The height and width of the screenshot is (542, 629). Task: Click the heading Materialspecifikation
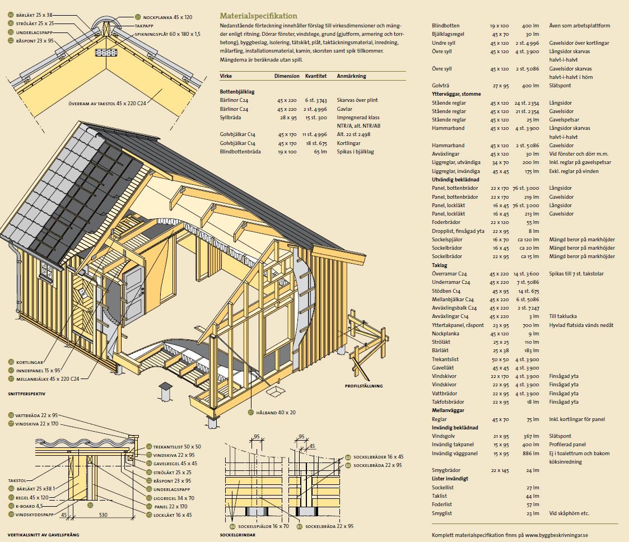(x=258, y=16)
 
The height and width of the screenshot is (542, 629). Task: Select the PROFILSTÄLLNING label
(x=364, y=386)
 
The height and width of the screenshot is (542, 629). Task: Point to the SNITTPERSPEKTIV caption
(x=27, y=394)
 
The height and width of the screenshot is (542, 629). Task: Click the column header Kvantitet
(x=315, y=76)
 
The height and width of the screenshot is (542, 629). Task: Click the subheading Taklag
(x=440, y=265)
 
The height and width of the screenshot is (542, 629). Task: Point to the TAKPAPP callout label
(x=144, y=26)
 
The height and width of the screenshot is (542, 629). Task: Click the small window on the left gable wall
(x=46, y=273)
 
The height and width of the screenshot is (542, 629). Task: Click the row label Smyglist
(x=442, y=513)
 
